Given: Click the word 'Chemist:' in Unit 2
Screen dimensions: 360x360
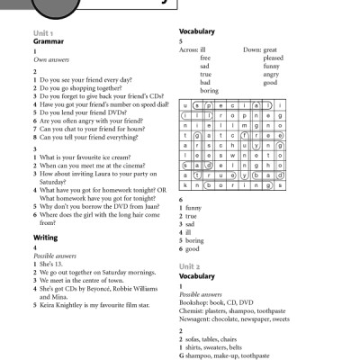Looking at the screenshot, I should tap(195, 311).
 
